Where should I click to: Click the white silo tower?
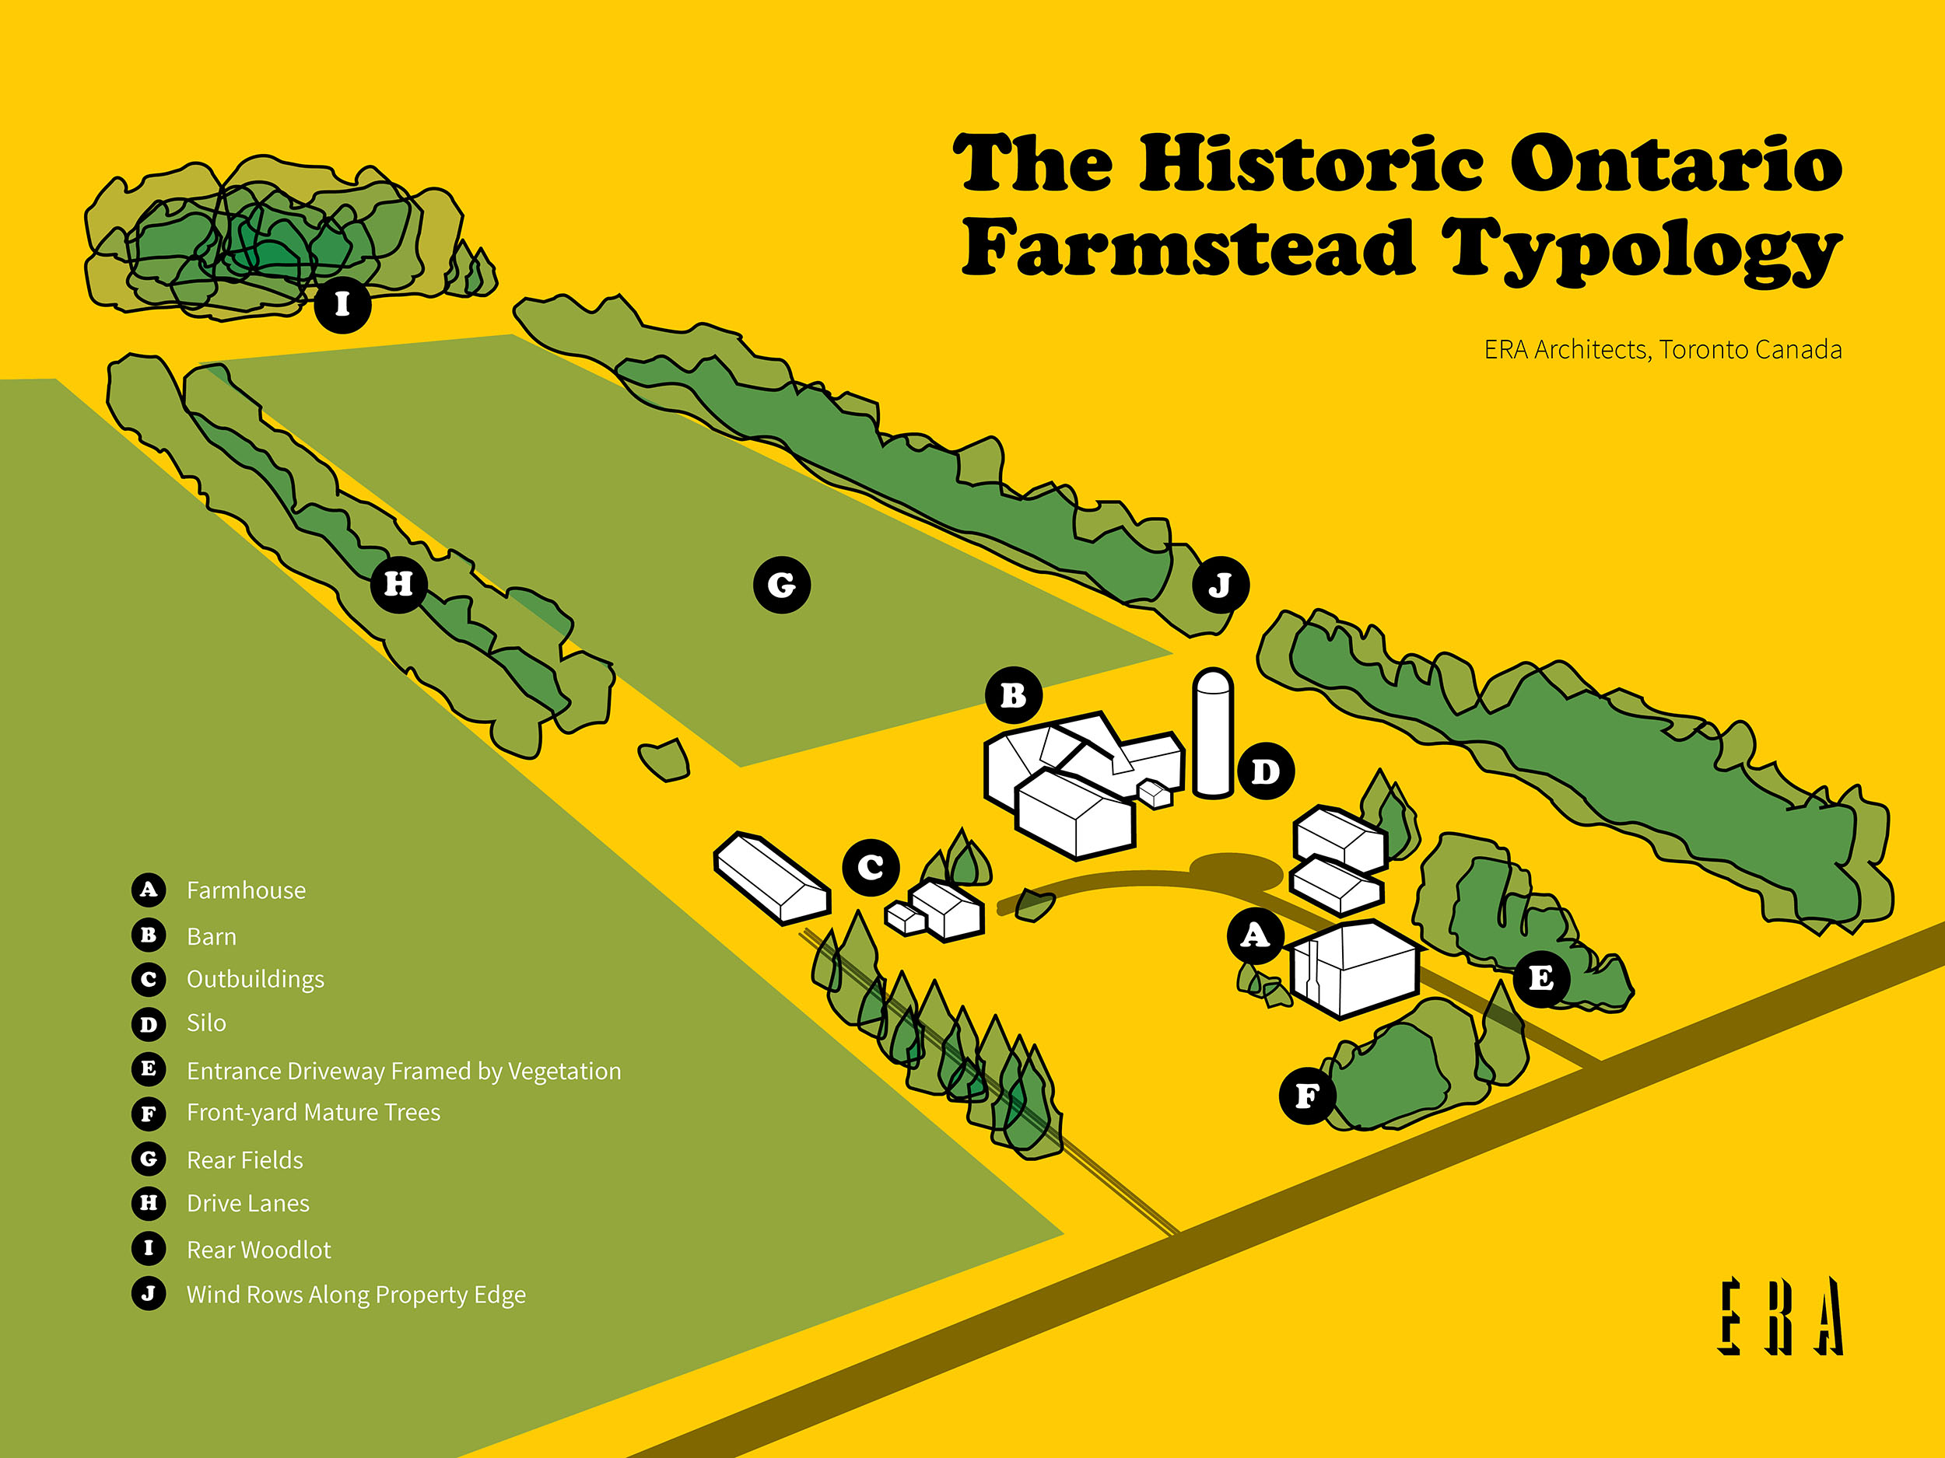point(1213,734)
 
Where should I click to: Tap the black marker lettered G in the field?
point(782,585)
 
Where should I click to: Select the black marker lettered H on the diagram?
point(398,583)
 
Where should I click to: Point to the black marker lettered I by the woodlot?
point(342,304)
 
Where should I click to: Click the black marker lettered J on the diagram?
point(1221,585)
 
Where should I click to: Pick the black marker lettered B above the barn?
point(1014,696)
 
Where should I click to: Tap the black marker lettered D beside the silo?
point(1265,771)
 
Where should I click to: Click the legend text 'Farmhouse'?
point(246,890)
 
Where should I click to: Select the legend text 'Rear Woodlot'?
point(258,1250)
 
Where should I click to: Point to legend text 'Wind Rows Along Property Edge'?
point(356,1295)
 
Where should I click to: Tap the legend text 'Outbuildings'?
point(255,979)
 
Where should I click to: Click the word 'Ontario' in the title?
point(1675,164)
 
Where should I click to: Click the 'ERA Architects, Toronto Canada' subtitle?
point(1662,350)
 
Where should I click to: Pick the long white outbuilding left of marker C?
point(771,877)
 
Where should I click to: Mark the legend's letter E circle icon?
point(149,1068)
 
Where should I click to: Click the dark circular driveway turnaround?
point(1235,870)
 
